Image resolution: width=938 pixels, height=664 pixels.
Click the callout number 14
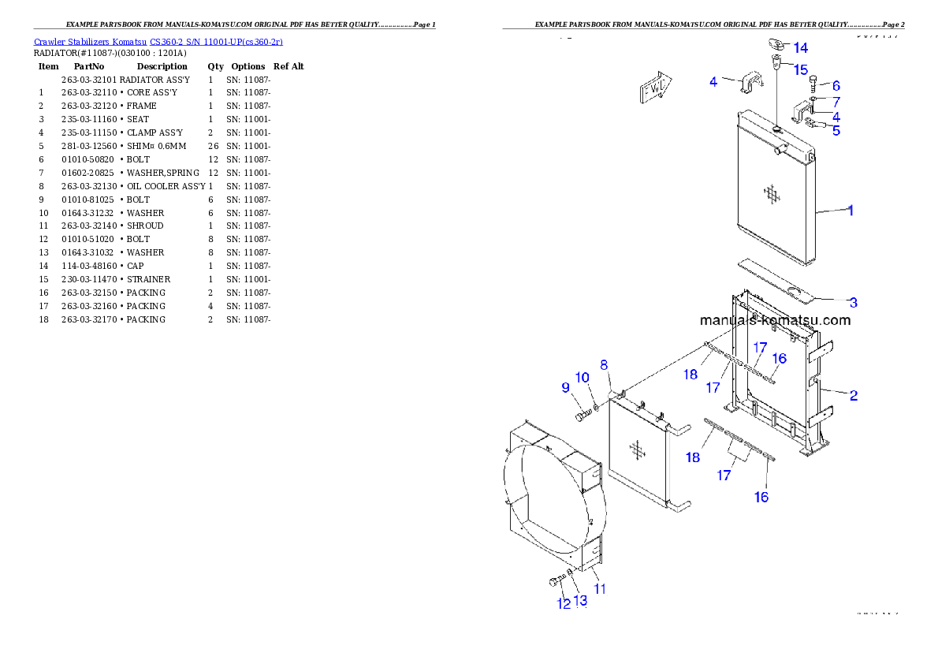pos(800,48)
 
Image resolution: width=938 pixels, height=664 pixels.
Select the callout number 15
pos(800,70)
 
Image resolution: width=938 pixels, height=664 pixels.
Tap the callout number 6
pos(836,86)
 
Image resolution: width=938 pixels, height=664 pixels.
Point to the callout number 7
pos(836,102)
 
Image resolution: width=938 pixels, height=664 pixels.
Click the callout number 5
pos(836,131)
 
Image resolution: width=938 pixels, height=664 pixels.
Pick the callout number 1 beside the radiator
pos(851,211)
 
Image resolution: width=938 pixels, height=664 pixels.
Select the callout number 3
pos(854,302)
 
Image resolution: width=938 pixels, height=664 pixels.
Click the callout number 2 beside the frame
pos(854,395)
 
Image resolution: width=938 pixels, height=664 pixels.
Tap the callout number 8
pos(604,365)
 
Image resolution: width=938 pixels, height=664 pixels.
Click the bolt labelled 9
pos(583,416)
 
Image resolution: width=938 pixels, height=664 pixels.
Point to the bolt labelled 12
pos(554,582)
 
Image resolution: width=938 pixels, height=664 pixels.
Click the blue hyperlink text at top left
pos(158,42)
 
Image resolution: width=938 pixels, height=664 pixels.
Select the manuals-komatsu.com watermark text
pos(775,320)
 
